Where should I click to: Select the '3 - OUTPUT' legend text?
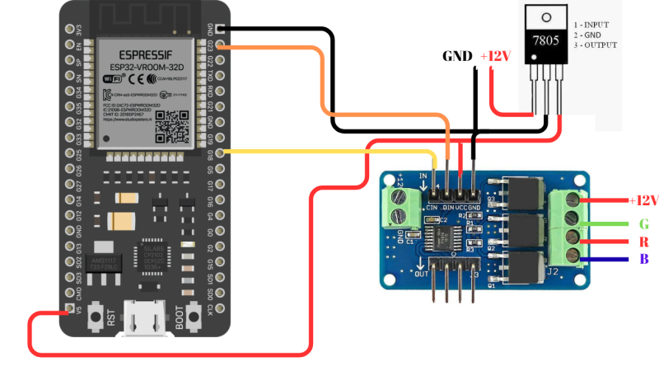pos(600,45)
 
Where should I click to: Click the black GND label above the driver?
pos(457,56)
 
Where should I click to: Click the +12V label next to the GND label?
pos(496,56)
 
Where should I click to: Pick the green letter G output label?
pos(643,224)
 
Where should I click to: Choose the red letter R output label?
pos(643,242)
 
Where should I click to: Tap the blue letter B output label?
pos(643,261)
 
